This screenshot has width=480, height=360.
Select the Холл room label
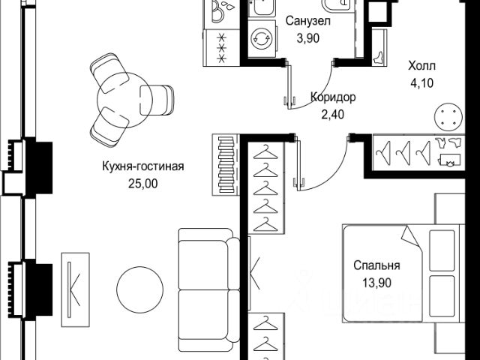coord(421,65)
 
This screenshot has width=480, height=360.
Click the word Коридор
coord(333,97)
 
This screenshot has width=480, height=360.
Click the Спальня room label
coord(377,265)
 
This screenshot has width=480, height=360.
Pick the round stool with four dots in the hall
coord(449,116)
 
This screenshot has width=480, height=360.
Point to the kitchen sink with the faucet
coord(223,10)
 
